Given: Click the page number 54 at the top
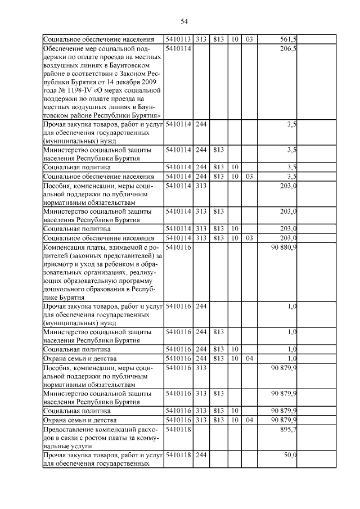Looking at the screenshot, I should tap(184, 21).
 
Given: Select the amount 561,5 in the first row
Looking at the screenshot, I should tap(288, 39).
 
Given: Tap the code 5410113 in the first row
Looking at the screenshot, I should tap(178, 39).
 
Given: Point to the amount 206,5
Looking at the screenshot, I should tap(288, 49).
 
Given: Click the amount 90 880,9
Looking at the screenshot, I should tap(284, 247).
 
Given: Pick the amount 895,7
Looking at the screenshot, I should tap(288, 429).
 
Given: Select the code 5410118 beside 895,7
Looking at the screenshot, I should tap(178, 429).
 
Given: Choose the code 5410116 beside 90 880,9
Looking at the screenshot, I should tap(178, 247).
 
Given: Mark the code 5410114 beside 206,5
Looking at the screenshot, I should tap(178, 49).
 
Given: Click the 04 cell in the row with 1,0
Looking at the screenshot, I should tap(249, 358).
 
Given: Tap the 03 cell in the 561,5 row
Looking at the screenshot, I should tap(249, 39).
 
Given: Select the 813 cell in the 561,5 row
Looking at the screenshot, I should tap(219, 39).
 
